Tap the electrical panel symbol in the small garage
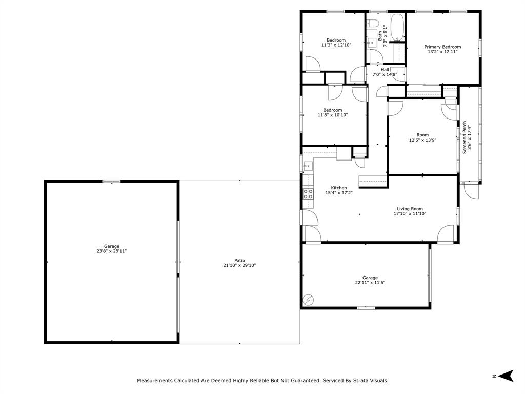[308, 300]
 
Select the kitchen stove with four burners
[308, 194]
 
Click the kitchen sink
[308, 166]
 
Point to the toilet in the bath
[373, 23]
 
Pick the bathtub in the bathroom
[397, 27]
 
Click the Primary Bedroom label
[442, 47]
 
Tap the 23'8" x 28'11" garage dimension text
[111, 251]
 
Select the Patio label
[240, 260]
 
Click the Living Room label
[410, 209]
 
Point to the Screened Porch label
[465, 137]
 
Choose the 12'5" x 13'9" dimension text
[422, 140]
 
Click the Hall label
[385, 70]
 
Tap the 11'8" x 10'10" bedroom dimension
[333, 115]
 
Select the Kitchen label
[339, 188]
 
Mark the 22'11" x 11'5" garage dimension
[370, 283]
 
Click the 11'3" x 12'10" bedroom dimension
[336, 45]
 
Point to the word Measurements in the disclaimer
[155, 381]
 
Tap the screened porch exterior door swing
[472, 191]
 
